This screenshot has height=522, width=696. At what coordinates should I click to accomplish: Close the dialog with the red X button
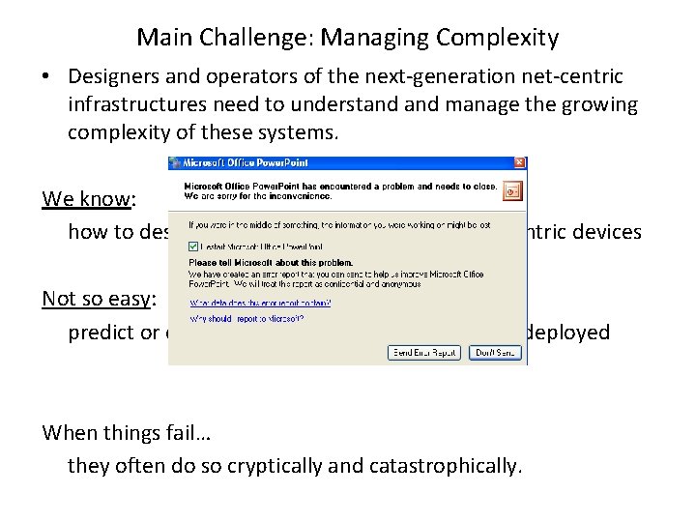520,163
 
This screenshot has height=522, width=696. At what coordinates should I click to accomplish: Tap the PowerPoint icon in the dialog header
512,188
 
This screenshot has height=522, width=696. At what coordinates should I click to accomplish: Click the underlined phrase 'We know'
86,199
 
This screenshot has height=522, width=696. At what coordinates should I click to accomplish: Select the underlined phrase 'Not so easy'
96,299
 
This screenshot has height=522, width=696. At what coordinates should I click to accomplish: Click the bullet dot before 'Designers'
46,76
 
